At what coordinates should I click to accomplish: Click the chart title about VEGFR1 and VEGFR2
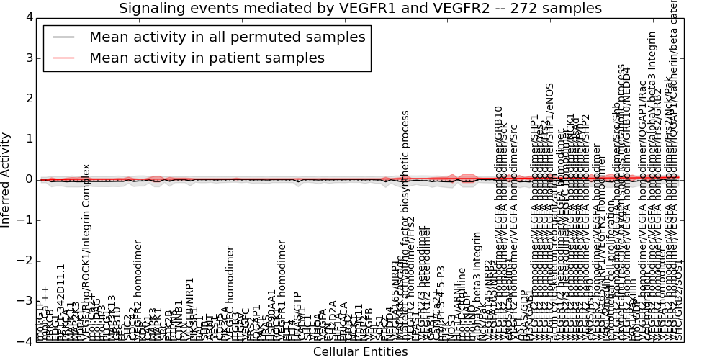coord(360,9)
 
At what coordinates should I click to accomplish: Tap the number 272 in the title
coord(534,9)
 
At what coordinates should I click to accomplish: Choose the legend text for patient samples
coord(207,58)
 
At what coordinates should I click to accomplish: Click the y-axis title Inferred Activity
coord(6,179)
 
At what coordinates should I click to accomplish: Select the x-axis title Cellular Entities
coord(360,351)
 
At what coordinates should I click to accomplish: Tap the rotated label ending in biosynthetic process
coord(405,216)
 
